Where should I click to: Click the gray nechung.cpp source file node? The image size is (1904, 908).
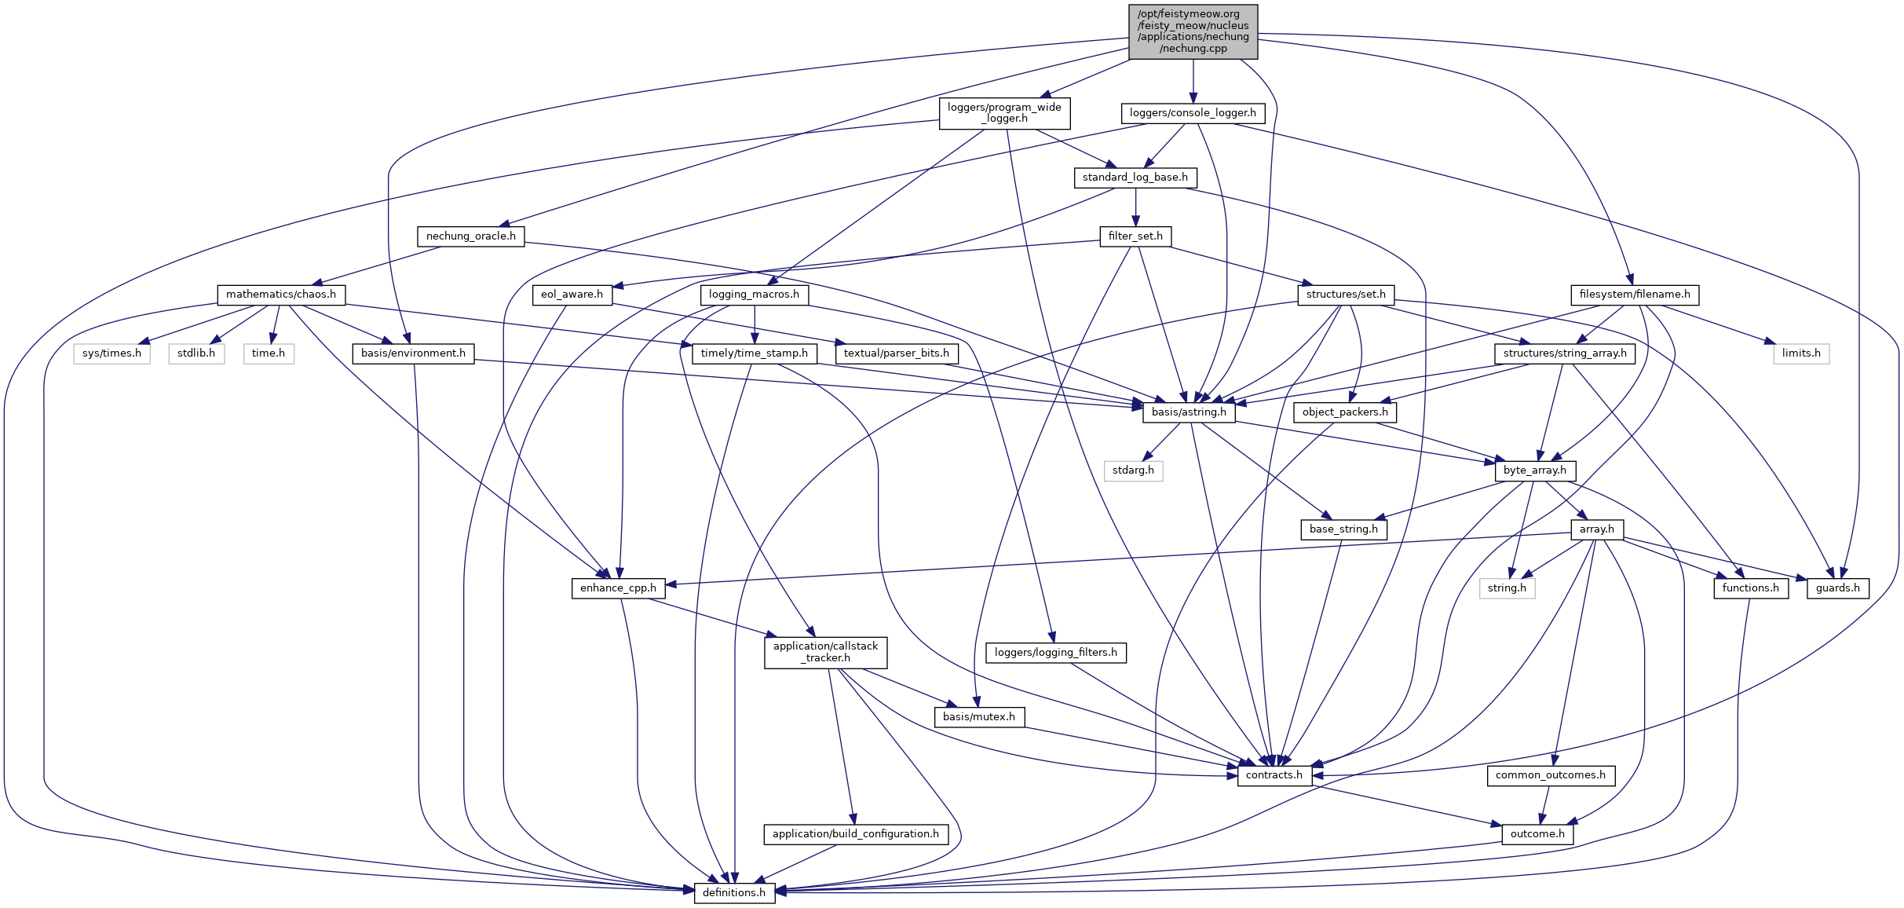click(x=1193, y=31)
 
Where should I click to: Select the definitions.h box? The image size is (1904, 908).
click(x=734, y=892)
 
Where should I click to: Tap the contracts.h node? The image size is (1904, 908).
click(x=1274, y=775)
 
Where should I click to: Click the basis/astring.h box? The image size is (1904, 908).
click(x=1189, y=412)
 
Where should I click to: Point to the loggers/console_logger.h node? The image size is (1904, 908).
click(x=1193, y=113)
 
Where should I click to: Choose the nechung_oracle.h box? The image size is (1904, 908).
click(x=470, y=236)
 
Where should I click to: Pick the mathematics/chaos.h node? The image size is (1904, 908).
click(x=281, y=295)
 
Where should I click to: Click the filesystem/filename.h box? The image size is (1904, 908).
click(x=1635, y=295)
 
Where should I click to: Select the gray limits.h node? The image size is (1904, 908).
click(x=1800, y=353)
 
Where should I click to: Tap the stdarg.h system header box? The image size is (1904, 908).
click(x=1133, y=470)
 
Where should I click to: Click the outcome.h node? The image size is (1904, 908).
click(x=1537, y=834)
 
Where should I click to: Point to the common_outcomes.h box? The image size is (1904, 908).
click(x=1550, y=775)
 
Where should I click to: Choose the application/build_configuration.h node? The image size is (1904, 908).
click(x=855, y=834)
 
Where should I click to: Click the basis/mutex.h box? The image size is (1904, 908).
click(x=978, y=717)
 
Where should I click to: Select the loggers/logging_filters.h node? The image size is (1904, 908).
click(x=1055, y=653)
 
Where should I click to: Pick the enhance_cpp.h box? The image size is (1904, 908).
click(x=618, y=588)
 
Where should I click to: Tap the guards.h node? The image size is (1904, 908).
click(x=1837, y=588)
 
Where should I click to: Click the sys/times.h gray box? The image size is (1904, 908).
click(x=111, y=353)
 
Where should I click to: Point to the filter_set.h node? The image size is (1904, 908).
click(x=1135, y=236)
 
